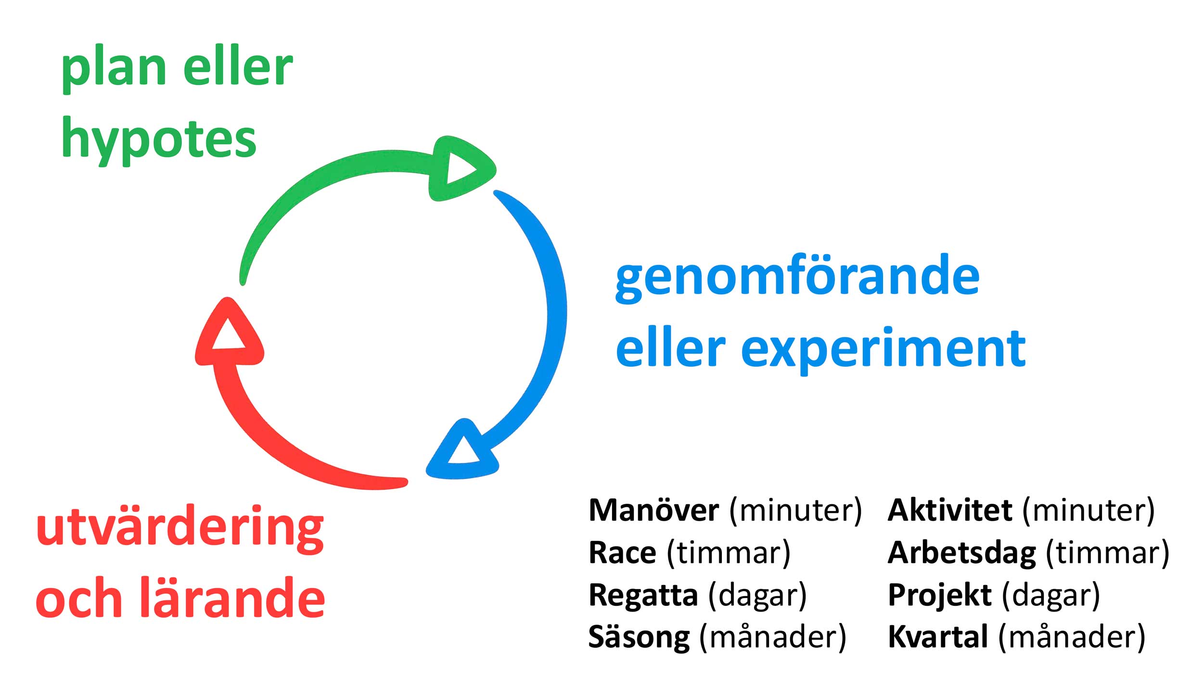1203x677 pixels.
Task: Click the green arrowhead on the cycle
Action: point(460,168)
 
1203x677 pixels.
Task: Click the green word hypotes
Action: point(159,140)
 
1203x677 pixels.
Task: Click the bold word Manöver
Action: point(654,511)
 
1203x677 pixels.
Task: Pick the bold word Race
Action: point(622,553)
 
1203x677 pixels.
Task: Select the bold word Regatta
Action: point(643,595)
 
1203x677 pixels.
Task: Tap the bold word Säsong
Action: point(639,638)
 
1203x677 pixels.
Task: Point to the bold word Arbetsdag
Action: point(962,553)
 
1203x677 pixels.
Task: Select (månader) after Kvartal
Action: point(1072,638)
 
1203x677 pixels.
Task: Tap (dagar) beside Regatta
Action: point(757,595)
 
